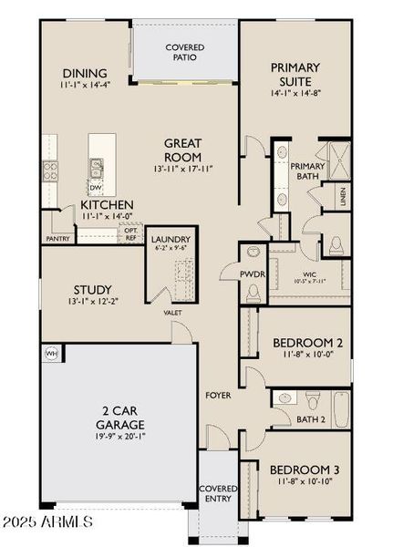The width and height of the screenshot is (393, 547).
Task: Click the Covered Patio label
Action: coord(185,52)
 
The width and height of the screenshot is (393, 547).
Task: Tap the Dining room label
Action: coord(84,73)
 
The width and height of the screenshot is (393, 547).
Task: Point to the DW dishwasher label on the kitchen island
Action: coord(96,188)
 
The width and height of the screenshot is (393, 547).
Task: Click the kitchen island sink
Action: coord(96,167)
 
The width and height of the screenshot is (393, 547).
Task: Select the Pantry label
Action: coord(57,239)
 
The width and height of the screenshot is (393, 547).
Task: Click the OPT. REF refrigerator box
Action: coord(132,233)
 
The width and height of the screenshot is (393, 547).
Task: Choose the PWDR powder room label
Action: coord(252,272)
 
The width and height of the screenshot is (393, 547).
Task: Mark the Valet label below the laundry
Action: coord(172,313)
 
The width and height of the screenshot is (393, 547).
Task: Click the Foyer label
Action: coord(218,396)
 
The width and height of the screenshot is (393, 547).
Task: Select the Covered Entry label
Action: coord(218,494)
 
